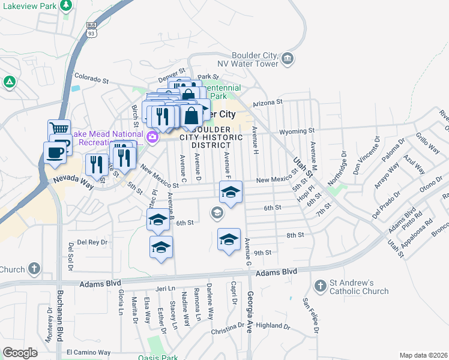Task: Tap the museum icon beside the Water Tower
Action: coord(288,58)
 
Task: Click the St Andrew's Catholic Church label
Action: coord(359,287)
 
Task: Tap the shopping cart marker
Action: coord(59,129)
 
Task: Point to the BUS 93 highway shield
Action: coord(91,30)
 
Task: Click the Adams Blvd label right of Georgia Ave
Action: coord(277,272)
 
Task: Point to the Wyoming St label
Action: coord(297,131)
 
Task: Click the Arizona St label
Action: coord(267,103)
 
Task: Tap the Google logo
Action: coord(20,352)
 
